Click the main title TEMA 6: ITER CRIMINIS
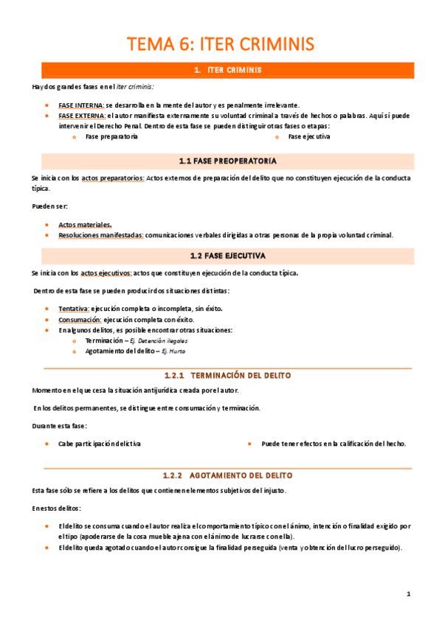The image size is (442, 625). [221, 44]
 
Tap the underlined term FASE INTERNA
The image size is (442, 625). [81, 105]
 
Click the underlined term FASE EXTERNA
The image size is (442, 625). [81, 116]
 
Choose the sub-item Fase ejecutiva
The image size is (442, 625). [308, 136]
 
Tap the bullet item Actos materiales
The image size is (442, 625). [86, 224]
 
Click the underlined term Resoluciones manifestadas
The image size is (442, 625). [101, 235]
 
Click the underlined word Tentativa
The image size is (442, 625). [74, 309]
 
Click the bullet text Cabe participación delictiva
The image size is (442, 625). [100, 444]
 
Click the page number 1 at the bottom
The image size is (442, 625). [408, 594]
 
